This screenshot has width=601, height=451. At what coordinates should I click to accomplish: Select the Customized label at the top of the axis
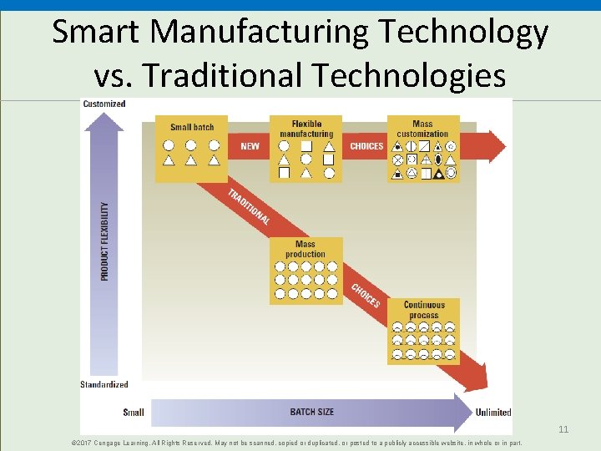point(104,104)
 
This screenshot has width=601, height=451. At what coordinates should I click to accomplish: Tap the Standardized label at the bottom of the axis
point(104,384)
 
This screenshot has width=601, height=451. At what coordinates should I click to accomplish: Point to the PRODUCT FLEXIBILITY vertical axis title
point(105,241)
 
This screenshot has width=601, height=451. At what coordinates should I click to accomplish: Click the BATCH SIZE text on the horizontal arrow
point(311,412)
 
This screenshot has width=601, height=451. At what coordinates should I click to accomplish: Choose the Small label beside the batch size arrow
point(134,412)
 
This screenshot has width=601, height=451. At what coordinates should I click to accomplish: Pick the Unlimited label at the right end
point(492,412)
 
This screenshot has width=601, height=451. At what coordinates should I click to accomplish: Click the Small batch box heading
point(192,127)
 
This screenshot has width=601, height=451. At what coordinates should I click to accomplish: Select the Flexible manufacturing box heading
point(306,129)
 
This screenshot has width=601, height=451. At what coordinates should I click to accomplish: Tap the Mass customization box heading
point(422,129)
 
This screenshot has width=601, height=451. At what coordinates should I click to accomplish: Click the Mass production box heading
point(306,249)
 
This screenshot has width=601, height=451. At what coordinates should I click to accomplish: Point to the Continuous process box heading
point(424,310)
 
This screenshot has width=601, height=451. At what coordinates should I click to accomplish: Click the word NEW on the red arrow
point(250,146)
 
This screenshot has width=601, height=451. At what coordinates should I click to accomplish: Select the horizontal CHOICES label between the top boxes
point(366,146)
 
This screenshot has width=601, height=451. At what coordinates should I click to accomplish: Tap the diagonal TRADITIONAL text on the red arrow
point(248,206)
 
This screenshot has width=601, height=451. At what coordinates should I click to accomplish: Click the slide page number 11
point(563,429)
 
